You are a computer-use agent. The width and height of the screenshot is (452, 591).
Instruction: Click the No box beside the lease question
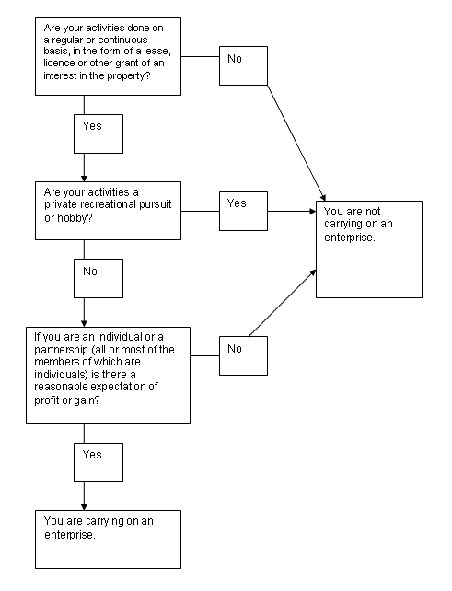click(243, 65)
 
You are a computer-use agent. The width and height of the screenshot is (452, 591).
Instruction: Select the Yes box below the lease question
click(99, 133)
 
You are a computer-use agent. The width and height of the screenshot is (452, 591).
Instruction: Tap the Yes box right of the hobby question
click(243, 211)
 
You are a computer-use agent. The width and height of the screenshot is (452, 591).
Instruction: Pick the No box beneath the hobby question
click(99, 278)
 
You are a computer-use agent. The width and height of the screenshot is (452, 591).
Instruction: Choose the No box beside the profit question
click(243, 355)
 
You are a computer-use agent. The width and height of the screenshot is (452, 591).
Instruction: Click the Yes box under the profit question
click(99, 462)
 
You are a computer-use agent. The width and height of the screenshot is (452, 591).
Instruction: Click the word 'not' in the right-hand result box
click(373, 211)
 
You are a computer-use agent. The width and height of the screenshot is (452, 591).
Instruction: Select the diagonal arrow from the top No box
click(296, 143)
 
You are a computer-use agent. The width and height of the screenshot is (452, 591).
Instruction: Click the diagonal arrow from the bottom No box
click(283, 303)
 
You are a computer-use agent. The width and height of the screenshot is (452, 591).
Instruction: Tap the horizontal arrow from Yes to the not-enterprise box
click(292, 211)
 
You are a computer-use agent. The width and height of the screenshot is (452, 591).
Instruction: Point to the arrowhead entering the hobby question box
click(84, 179)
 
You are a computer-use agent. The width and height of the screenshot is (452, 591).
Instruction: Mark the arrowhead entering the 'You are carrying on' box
click(84, 507)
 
